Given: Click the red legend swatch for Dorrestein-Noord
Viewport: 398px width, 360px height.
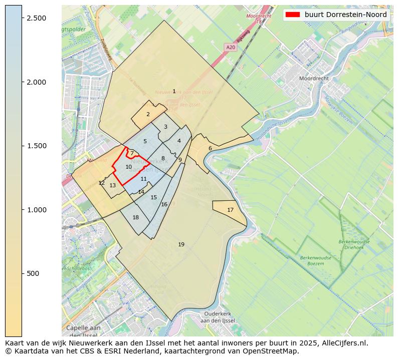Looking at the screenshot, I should click(292, 15).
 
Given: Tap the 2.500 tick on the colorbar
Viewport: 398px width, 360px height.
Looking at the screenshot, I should click(36, 18).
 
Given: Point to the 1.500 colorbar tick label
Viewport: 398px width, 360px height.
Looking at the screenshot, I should click(36, 146).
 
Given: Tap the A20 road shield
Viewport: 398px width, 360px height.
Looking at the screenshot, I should click(231, 47).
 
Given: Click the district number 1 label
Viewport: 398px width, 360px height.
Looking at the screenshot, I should click(174, 92).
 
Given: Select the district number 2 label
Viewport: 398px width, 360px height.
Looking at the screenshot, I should click(148, 114).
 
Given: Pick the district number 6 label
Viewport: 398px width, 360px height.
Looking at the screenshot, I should click(210, 148).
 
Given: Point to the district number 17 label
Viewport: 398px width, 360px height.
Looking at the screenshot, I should click(230, 210).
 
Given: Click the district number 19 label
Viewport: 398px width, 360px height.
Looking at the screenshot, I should click(181, 244).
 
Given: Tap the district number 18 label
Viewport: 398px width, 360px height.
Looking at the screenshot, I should click(135, 217).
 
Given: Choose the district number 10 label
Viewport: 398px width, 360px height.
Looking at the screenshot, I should click(128, 167).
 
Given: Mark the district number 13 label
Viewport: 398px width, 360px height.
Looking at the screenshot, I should click(112, 185).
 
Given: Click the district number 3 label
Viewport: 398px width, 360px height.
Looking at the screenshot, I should click(165, 127).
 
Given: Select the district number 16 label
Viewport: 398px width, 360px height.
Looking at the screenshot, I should click(164, 204).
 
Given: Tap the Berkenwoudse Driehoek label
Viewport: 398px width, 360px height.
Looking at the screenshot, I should click(354, 244).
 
